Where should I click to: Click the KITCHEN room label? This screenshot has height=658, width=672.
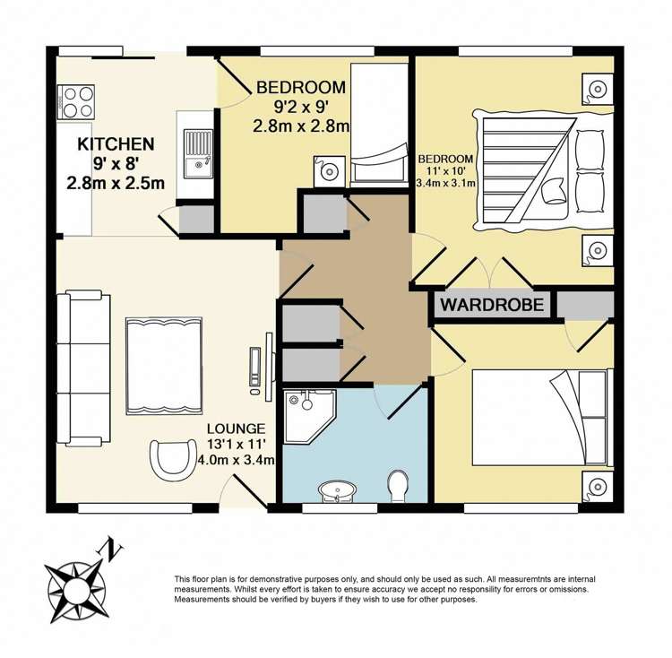click(116, 144)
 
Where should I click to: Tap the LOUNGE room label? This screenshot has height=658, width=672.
click(237, 429)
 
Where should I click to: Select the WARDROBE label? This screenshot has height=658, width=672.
click(492, 305)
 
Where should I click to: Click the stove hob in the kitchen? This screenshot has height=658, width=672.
click(76, 102)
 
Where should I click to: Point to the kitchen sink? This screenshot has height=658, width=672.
click(198, 153)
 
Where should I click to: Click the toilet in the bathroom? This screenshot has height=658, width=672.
click(398, 486)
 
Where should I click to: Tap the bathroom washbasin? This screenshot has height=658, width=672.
click(337, 491)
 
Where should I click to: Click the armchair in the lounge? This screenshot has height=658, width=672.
click(171, 460)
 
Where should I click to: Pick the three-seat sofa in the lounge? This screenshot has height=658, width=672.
click(84, 368)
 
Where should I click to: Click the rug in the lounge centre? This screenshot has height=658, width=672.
click(164, 366)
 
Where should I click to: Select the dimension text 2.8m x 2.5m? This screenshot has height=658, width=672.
click(116, 184)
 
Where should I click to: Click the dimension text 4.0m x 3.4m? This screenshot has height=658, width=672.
click(236, 461)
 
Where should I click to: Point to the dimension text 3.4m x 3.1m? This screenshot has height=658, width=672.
click(445, 183)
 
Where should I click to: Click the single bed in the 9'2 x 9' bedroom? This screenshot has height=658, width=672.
click(379, 126)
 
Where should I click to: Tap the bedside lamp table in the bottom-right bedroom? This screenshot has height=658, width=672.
click(597, 487)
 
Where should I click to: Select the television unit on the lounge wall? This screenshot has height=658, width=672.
click(263, 367)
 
